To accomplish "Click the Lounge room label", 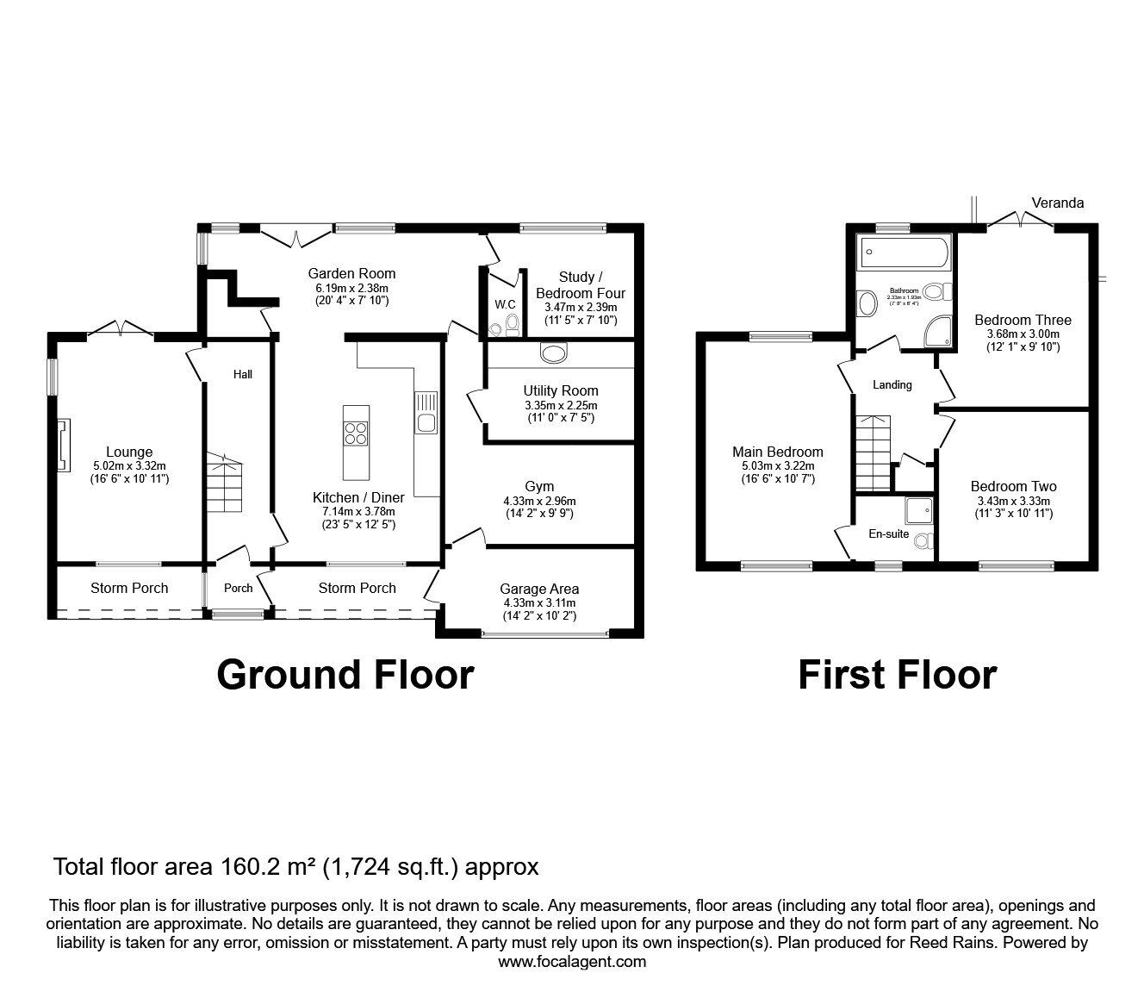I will click(x=129, y=452).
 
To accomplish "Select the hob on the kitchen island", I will click(x=355, y=433).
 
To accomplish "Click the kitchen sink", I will click(x=426, y=413).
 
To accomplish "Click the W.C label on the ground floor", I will click(x=504, y=304).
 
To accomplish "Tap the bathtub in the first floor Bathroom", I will click(x=904, y=253).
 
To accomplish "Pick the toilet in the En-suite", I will click(x=923, y=540).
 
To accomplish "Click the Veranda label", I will click(x=1058, y=203).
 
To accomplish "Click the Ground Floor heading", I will click(x=345, y=674).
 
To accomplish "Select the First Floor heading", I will click(x=897, y=674).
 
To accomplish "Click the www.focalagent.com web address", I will click(x=572, y=962).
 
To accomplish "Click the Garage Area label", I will click(x=539, y=589).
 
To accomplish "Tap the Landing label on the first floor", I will click(x=892, y=384).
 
